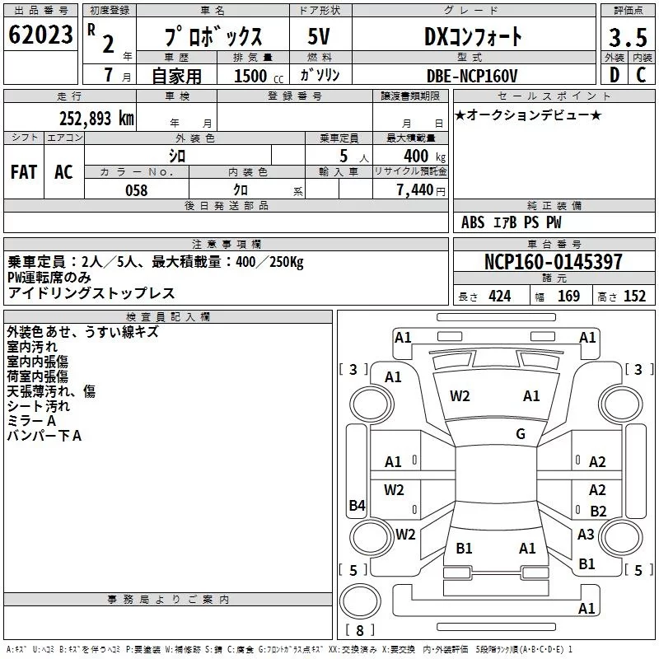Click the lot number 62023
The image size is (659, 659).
(40, 35)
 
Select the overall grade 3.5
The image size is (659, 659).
(628, 37)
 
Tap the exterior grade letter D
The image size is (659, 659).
(614, 75)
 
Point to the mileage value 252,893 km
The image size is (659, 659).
(96, 119)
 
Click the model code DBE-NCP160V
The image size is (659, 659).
(471, 76)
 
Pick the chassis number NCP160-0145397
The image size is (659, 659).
(553, 261)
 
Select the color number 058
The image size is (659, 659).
(137, 190)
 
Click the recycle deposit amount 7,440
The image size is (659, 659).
(415, 190)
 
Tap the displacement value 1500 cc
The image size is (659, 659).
(259, 76)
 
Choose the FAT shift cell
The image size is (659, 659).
(24, 172)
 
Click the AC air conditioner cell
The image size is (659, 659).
(64, 172)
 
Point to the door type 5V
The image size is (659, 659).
(319, 36)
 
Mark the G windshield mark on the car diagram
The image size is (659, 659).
(521, 434)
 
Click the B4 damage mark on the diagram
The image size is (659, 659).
(357, 505)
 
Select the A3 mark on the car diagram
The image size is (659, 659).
(586, 534)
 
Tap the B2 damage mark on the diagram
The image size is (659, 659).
(598, 511)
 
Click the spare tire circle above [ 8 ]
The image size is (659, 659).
(360, 601)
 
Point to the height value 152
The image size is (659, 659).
(634, 297)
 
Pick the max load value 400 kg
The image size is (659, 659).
(424, 156)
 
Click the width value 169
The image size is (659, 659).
(568, 297)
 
